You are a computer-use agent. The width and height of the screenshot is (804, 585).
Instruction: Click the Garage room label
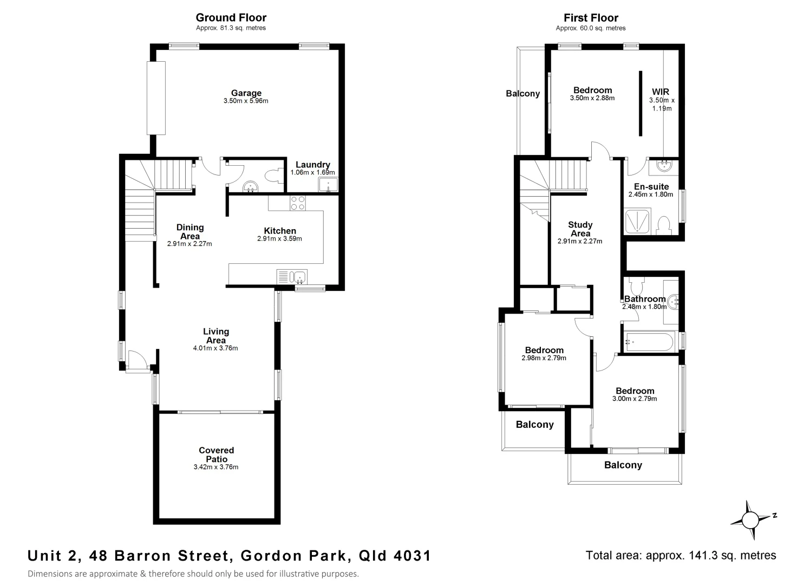coord(246,93)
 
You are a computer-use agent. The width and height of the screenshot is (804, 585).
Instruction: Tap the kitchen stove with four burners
coord(297,203)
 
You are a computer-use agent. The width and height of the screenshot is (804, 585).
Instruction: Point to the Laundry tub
coord(328,186)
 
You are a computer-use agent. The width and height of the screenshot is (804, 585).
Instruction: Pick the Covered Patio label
coord(216,454)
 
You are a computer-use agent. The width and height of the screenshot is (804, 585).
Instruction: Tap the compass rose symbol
coord(750,520)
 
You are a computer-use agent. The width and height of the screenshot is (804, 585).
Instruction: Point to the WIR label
coord(661,92)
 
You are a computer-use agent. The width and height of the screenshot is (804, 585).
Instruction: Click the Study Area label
coord(580,229)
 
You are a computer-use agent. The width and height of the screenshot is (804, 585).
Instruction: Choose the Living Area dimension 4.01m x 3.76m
coord(215,348)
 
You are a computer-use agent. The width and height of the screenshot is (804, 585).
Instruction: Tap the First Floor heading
coord(591,18)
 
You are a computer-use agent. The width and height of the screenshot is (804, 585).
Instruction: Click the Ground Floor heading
coord(231,18)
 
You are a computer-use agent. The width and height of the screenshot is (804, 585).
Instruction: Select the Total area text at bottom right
coord(681,555)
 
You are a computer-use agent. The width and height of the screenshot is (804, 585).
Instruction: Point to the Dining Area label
coord(189,232)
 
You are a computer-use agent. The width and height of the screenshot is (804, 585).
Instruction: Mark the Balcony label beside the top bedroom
coord(522,94)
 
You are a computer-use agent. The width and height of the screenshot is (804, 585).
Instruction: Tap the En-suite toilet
coord(663,225)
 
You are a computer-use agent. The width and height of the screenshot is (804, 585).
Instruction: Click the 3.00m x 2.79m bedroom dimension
coord(635,399)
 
